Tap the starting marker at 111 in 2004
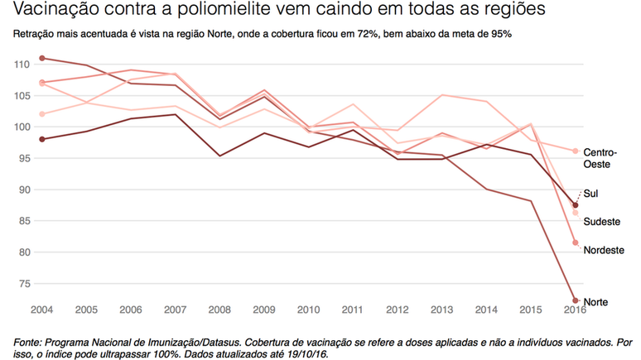[x=41, y=58]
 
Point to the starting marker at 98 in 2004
[x=41, y=139]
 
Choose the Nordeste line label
[x=604, y=250]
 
